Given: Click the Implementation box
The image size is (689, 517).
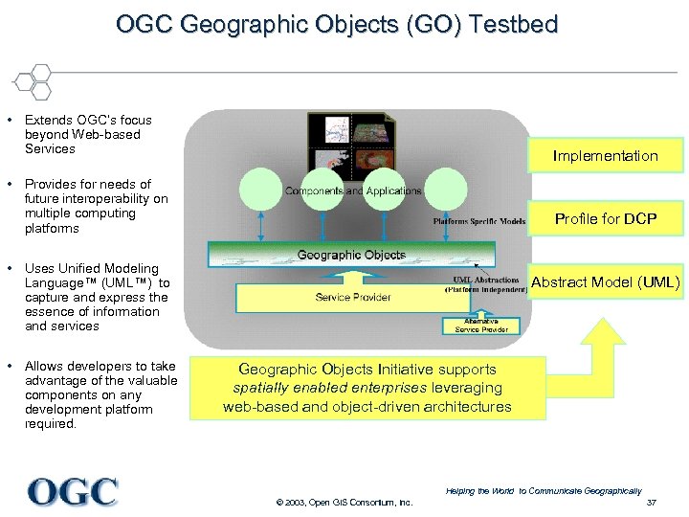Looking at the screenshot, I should (x=605, y=155).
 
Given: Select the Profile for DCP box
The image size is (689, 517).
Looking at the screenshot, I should (x=605, y=218).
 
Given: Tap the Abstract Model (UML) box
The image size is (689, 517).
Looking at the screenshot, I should (x=605, y=281).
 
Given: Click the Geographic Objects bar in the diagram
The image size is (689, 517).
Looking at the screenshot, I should (x=351, y=255).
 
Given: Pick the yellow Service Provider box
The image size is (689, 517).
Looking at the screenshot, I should (x=353, y=297).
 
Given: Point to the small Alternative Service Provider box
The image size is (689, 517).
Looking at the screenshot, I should (x=481, y=326).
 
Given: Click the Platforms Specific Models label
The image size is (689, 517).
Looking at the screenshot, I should (x=478, y=221).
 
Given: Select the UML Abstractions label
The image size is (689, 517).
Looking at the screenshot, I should (x=485, y=284).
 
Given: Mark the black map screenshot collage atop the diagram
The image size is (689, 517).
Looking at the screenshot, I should (x=350, y=144).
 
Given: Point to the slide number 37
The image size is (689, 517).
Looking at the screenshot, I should (x=652, y=503).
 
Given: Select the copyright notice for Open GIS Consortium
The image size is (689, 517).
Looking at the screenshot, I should (x=344, y=503).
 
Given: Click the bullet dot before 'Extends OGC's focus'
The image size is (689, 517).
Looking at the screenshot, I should (x=9, y=121).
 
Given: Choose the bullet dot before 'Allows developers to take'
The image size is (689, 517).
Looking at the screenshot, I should (x=9, y=367).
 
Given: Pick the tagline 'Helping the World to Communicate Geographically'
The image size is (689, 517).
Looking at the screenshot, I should (x=543, y=490).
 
